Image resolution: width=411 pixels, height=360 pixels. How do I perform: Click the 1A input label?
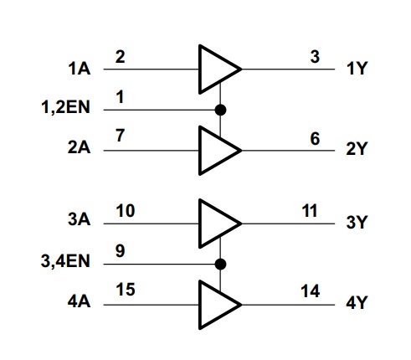(x=80, y=69)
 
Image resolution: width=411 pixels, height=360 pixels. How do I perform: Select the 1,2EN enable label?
(x=65, y=107)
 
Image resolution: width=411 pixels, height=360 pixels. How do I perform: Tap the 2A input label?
(x=79, y=147)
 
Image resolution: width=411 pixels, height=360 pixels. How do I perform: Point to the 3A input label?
(x=79, y=219)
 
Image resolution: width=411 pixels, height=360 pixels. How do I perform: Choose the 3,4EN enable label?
(x=65, y=261)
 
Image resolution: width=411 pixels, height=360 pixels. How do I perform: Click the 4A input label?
(x=79, y=301)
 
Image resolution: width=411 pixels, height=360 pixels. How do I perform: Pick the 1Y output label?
(x=357, y=69)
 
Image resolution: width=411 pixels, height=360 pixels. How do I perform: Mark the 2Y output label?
(x=356, y=148)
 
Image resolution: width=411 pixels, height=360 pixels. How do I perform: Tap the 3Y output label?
(x=356, y=222)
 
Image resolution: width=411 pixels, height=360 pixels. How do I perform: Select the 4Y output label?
(x=356, y=302)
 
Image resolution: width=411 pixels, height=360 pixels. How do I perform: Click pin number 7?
(x=120, y=136)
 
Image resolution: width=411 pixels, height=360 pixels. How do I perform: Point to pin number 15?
(x=126, y=290)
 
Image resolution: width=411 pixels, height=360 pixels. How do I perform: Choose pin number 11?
(x=310, y=211)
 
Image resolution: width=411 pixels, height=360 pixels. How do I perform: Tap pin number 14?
(x=310, y=291)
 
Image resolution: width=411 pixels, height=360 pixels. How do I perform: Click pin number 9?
(x=120, y=251)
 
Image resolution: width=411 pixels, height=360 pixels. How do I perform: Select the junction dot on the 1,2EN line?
(x=220, y=110)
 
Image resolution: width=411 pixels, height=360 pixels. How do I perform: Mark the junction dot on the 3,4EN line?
(x=220, y=264)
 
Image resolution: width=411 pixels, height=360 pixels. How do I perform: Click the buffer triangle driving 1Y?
(x=216, y=69)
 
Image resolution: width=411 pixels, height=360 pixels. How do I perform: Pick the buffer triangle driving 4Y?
(x=216, y=305)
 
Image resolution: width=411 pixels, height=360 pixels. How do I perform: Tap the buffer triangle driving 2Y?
(x=216, y=151)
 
